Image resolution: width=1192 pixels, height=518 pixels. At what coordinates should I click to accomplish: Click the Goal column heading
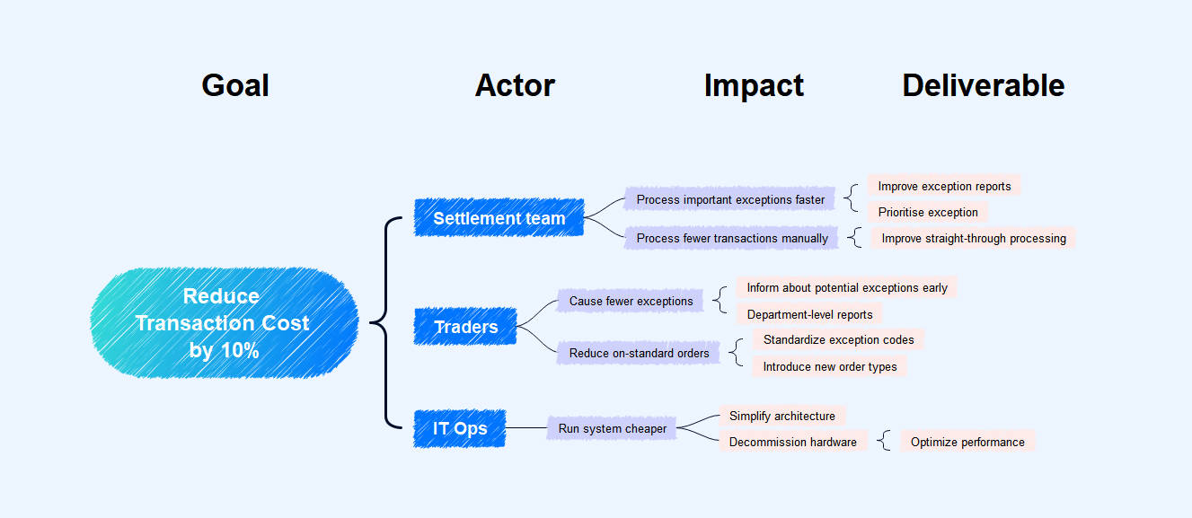tap(235, 85)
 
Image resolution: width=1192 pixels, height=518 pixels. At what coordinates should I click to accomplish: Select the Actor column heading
tap(515, 85)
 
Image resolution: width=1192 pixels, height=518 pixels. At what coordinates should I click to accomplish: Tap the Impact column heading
tap(754, 85)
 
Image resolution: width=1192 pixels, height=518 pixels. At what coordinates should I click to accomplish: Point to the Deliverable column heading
tap(983, 85)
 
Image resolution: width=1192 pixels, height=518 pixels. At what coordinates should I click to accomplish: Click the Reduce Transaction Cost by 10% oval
tap(224, 323)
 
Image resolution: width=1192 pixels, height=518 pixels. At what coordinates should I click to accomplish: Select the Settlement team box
tap(499, 218)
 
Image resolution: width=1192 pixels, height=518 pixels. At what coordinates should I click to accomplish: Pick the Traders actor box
tap(465, 327)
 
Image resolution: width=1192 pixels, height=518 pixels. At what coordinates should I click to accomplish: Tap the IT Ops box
tap(460, 428)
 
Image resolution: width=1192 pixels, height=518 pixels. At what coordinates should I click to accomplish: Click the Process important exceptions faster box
tap(730, 199)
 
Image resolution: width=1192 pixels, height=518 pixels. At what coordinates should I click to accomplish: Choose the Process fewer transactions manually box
tap(732, 238)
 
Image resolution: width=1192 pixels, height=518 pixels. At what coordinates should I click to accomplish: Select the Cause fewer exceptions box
tap(631, 301)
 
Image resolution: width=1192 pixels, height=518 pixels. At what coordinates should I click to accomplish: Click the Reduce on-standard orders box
tap(639, 353)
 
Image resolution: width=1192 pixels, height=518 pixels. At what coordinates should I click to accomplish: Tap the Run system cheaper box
tap(613, 428)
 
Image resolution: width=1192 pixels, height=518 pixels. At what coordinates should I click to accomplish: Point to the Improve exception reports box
tap(944, 186)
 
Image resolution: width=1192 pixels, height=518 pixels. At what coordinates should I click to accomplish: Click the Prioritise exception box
tap(928, 212)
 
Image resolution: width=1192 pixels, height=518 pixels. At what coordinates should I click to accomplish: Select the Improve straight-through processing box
tap(974, 238)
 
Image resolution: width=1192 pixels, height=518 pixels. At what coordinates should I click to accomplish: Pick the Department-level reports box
tap(809, 314)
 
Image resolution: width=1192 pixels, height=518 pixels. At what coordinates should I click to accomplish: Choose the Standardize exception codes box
tap(838, 339)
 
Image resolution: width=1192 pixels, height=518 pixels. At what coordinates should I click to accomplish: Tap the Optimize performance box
tap(967, 442)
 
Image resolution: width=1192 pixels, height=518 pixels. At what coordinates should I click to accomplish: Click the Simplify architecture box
tap(781, 416)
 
